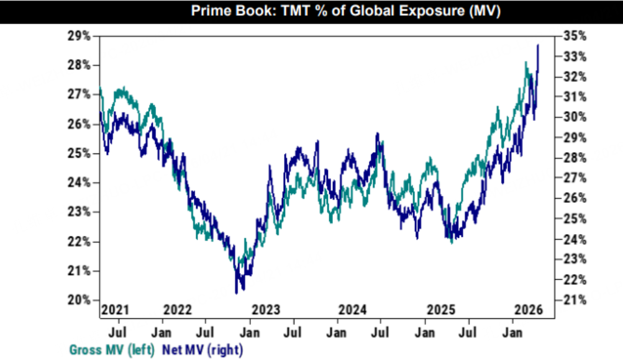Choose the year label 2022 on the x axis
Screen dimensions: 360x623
[x=178, y=309]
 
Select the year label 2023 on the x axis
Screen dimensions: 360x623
[x=266, y=309]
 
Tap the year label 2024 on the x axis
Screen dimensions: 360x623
[x=353, y=309]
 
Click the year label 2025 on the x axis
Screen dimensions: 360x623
[x=441, y=309]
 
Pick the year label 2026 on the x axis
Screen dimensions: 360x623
[x=528, y=309]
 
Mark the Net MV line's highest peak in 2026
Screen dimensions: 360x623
[x=538, y=45]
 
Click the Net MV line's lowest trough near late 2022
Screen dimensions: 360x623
[x=237, y=292]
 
